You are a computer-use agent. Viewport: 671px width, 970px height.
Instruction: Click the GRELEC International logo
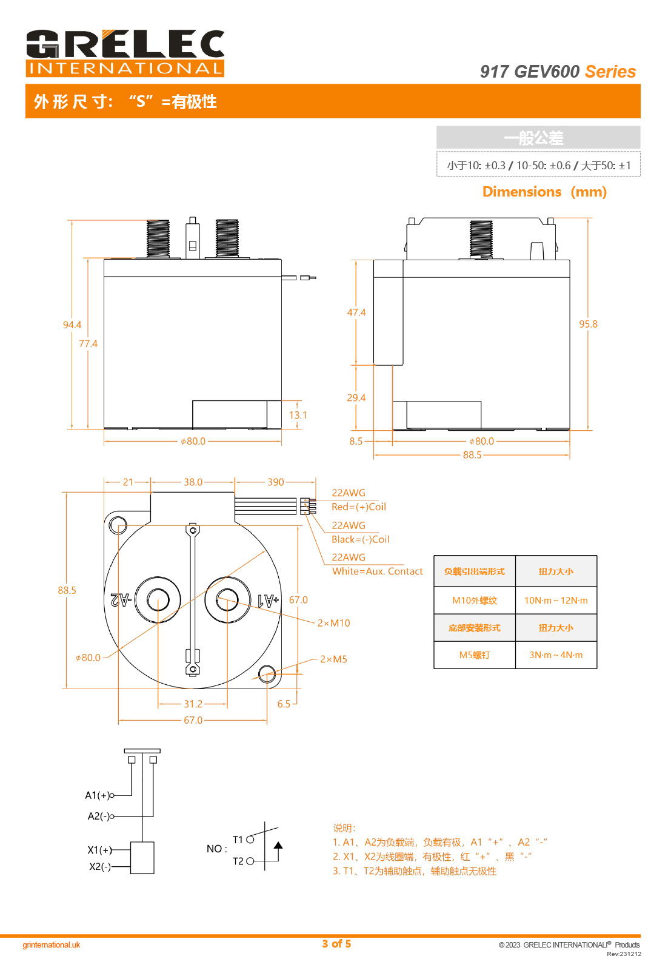[x=125, y=53]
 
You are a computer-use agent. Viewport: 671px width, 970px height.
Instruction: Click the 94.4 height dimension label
[x=72, y=325]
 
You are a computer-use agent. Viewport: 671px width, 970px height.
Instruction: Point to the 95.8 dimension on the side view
[x=588, y=324]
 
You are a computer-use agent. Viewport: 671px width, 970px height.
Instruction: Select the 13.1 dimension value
[x=298, y=415]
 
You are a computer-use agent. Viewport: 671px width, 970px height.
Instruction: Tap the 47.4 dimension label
[x=356, y=312]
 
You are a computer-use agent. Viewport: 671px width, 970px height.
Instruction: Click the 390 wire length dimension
[x=275, y=482]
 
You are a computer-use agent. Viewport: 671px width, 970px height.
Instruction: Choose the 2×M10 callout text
[x=334, y=623]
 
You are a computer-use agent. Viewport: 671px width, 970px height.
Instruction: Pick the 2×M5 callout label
[x=333, y=659]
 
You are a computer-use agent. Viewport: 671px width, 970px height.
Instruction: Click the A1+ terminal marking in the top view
[x=269, y=601]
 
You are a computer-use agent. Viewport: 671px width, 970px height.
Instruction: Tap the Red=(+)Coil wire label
[x=358, y=507]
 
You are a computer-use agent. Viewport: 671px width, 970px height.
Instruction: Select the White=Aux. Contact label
[x=377, y=571]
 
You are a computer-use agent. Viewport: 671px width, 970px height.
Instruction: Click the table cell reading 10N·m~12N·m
[x=556, y=601]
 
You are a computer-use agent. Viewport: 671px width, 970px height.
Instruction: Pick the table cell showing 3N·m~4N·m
[x=556, y=655]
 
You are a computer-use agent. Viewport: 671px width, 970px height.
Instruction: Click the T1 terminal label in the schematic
[x=238, y=840]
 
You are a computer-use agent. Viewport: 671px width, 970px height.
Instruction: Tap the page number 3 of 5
[x=336, y=943]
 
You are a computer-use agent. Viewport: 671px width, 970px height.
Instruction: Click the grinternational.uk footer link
[x=51, y=945]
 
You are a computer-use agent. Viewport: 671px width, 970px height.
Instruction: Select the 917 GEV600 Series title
[x=558, y=72]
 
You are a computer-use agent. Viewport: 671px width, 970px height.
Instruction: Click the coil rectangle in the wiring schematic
[x=142, y=857]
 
